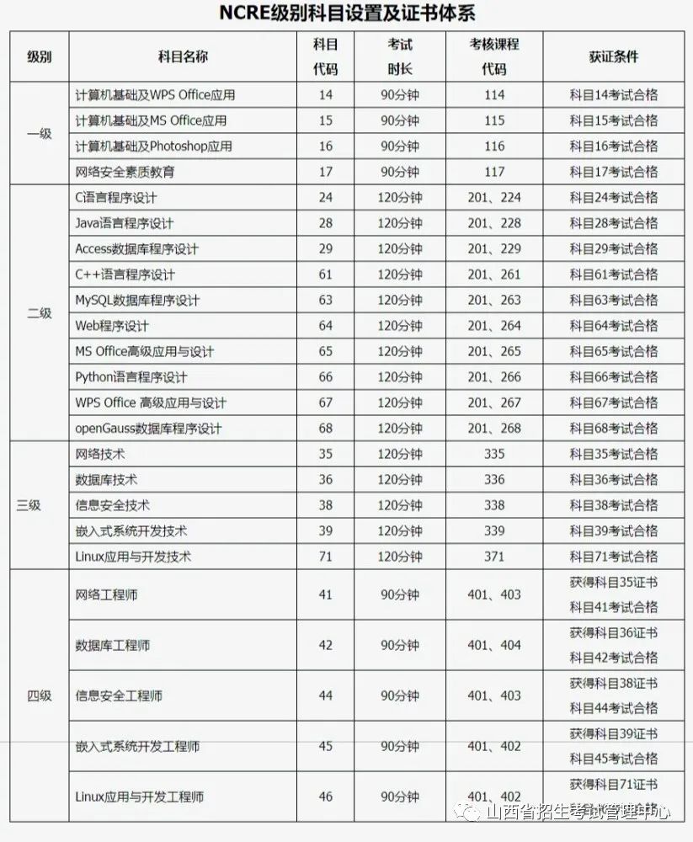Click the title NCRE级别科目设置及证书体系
coord(346,13)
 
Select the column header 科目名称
coord(183,56)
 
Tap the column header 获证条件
coord(613,56)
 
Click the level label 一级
coord(40,133)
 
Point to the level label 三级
coord(29,505)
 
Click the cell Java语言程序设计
coord(125,223)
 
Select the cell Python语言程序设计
coord(131,377)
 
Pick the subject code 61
coord(326,274)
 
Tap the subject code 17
coord(326,172)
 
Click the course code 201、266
coord(494,377)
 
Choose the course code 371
coord(494,557)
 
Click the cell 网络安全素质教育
coord(125,172)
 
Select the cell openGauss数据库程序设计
coord(148,429)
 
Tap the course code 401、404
coord(494,646)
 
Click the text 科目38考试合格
coord(613,505)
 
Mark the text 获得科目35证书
coord(613,582)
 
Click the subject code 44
coord(326,696)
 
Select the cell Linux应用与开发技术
coord(134,557)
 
